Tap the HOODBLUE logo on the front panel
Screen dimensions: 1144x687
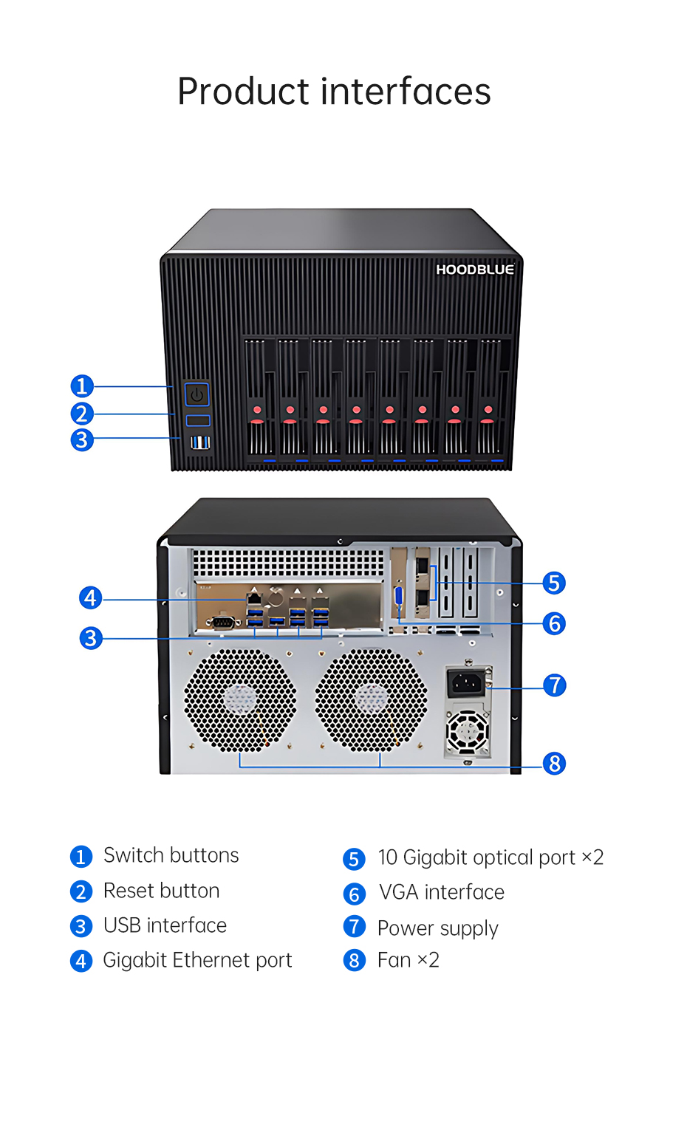click(474, 270)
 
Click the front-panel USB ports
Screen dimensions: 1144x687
click(199, 442)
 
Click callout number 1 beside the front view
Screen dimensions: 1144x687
click(82, 386)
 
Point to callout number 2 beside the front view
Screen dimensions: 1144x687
click(82, 414)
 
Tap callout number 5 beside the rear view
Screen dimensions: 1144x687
click(554, 583)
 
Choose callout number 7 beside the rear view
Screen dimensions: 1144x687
click(554, 685)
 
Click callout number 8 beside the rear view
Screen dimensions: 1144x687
click(554, 763)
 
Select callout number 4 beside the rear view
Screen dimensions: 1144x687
click(90, 597)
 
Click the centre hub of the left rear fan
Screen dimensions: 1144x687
click(240, 699)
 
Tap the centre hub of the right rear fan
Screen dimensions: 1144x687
click(371, 699)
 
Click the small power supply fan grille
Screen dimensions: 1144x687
click(468, 733)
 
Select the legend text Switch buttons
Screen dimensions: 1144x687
click(171, 855)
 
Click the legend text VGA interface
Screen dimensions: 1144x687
click(441, 892)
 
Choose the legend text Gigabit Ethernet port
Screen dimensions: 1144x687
click(197, 960)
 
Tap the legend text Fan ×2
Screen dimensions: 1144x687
click(408, 960)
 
